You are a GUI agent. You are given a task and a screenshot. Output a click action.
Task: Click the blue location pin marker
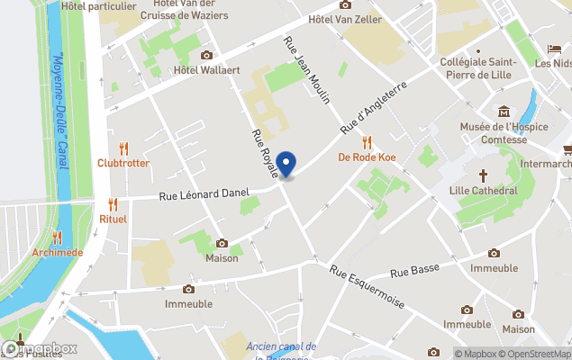pos(286,164)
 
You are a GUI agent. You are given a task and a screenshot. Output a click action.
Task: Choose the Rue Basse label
pos(414,271)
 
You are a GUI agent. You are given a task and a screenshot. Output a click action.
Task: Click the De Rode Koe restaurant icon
pos(367,142)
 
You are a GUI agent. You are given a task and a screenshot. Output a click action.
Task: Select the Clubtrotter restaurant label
pos(123,163)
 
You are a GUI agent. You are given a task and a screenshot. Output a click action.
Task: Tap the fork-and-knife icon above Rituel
pos(113,204)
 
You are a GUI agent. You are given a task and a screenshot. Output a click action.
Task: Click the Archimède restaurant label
pos(57,252)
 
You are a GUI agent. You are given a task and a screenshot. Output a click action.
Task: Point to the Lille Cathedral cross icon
pos(483,175)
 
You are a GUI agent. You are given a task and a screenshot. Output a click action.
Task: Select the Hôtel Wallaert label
pos(207,69)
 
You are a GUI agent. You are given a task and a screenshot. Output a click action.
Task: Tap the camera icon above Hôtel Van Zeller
pos(345,4)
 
